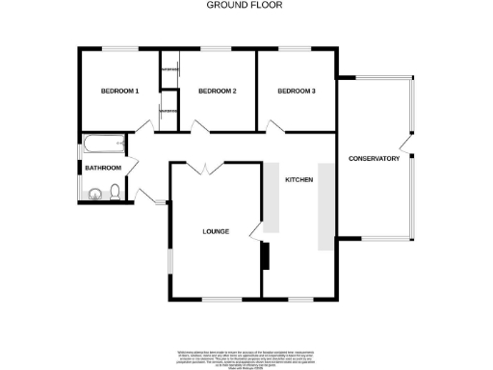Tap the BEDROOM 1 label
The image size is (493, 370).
point(120,92)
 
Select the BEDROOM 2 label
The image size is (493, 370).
point(217,92)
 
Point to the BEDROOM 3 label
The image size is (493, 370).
point(296,92)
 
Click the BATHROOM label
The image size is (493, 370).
point(103,169)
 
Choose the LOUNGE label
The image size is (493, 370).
point(215,231)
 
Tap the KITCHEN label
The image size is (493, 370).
point(298,179)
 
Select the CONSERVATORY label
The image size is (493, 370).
point(374,159)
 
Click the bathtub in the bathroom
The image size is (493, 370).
point(103,146)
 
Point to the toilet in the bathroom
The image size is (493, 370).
point(115,194)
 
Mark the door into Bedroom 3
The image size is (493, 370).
point(275,126)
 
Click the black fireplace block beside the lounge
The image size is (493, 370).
point(264,255)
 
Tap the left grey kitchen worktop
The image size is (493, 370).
point(272,198)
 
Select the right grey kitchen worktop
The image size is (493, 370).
point(324,198)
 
